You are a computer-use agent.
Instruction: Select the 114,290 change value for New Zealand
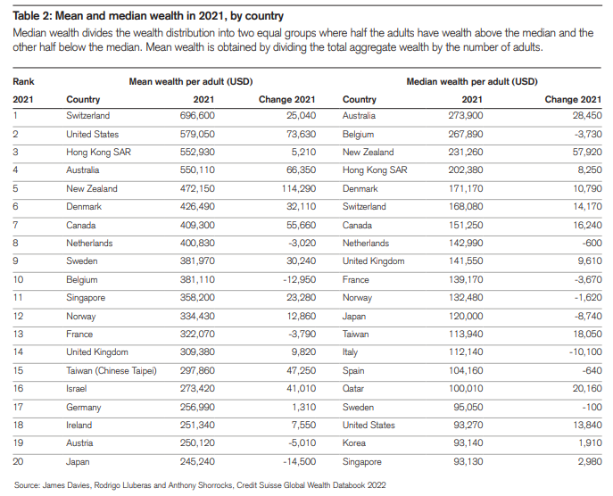pyautogui.click(x=294, y=189)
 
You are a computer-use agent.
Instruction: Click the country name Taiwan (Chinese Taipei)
pyautogui.click(x=112, y=371)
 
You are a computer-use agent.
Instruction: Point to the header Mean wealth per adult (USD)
pyautogui.click(x=191, y=81)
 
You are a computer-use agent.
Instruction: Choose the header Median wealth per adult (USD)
pyautogui.click(x=471, y=81)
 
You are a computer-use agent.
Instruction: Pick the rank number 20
pyautogui.click(x=18, y=462)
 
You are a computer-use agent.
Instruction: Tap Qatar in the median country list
pyautogui.click(x=354, y=389)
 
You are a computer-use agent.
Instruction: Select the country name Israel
pyautogui.click(x=78, y=389)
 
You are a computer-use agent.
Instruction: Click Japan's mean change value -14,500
pyautogui.click(x=297, y=462)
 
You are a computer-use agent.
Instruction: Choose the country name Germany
pyautogui.click(x=84, y=408)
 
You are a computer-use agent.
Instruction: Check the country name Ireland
pyautogui.click(x=79, y=426)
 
